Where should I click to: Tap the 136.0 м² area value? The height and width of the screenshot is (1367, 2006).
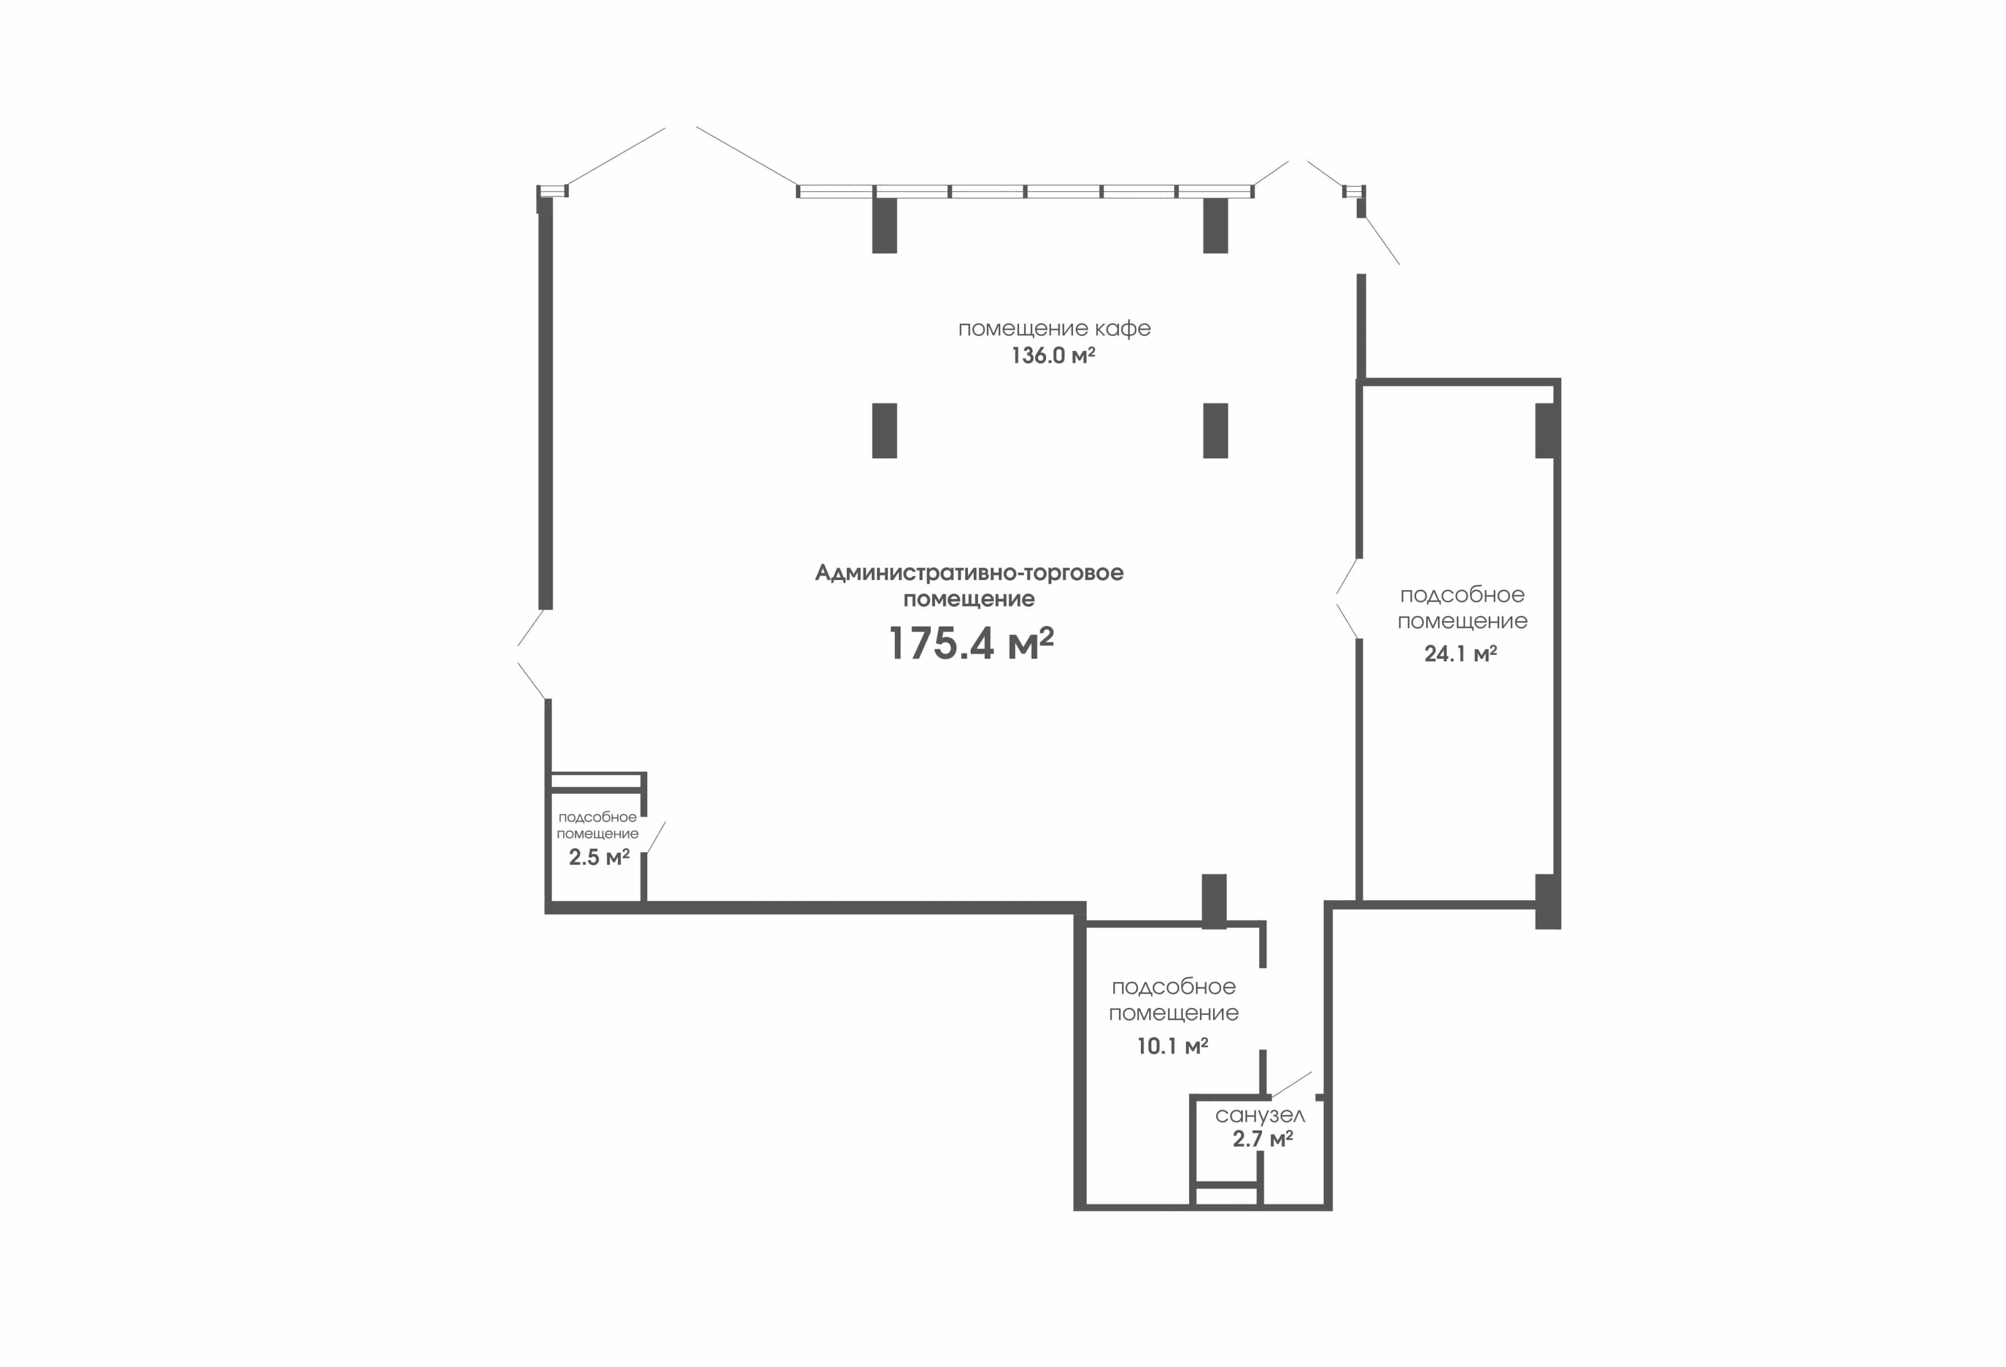click(1053, 356)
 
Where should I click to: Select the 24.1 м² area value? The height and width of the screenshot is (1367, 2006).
click(1461, 653)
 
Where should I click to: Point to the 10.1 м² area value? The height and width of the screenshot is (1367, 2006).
click(1172, 1046)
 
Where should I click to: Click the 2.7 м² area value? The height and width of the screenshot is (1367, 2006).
click(1263, 1139)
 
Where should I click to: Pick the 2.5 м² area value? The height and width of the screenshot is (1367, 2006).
click(599, 857)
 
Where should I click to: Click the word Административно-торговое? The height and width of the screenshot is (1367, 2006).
click(970, 573)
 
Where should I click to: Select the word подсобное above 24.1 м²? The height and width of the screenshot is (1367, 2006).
click(1462, 595)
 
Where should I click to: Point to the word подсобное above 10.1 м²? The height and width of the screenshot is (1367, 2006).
click(1174, 986)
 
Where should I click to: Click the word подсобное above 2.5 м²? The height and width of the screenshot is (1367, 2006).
click(597, 817)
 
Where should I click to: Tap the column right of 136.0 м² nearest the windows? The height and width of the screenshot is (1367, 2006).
click(1215, 225)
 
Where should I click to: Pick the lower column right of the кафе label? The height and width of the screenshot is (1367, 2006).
click(1215, 431)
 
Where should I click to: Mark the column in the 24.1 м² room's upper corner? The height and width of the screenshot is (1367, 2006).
click(1546, 431)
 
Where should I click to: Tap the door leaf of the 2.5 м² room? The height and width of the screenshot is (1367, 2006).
click(656, 837)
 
